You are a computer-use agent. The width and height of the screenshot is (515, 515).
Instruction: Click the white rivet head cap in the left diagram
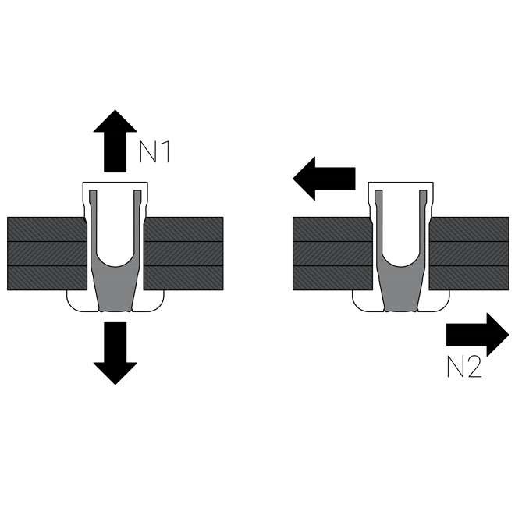[115, 188]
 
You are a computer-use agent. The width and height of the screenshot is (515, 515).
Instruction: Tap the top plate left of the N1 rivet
[45, 229]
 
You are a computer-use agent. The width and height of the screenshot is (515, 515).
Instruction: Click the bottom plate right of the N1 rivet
[184, 279]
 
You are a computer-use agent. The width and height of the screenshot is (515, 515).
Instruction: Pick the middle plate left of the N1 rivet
[45, 254]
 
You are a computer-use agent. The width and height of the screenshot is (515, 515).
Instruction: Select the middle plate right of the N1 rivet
[184, 254]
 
